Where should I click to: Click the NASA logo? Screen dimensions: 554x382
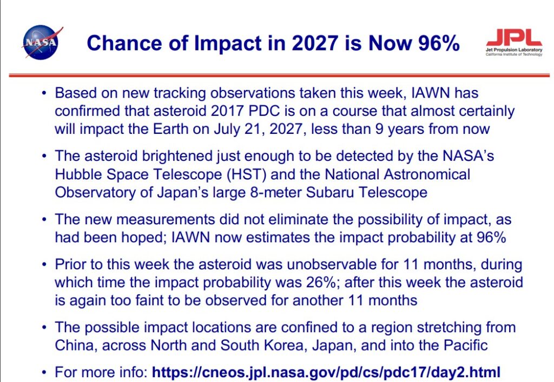pyautogui.click(x=42, y=42)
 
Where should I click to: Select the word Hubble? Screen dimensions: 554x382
pyautogui.click(x=78, y=174)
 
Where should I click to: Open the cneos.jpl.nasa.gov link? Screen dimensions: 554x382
pyautogui.click(x=326, y=372)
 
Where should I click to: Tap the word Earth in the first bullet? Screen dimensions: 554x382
pyautogui.click(x=170, y=129)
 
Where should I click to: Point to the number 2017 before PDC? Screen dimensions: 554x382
pyautogui.click(x=227, y=111)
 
